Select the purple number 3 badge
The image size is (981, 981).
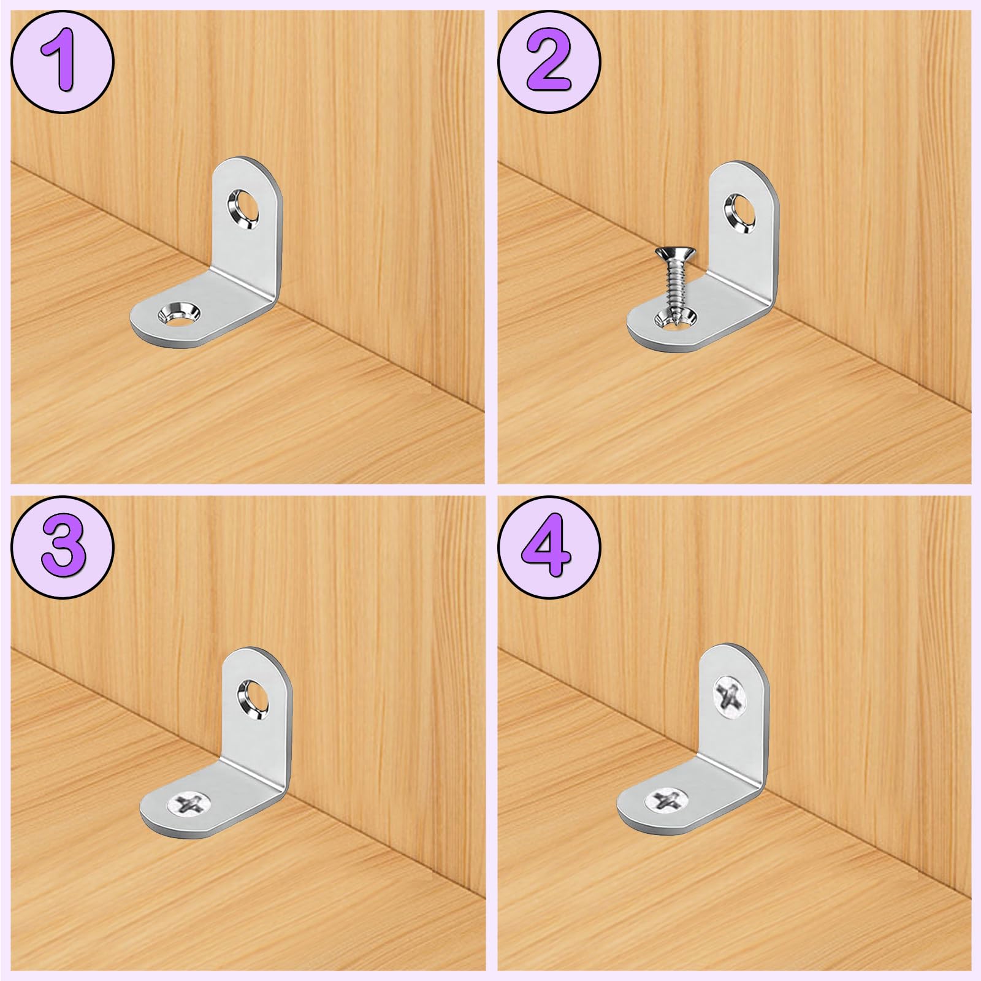(x=62, y=546)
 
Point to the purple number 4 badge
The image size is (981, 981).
(x=549, y=546)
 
